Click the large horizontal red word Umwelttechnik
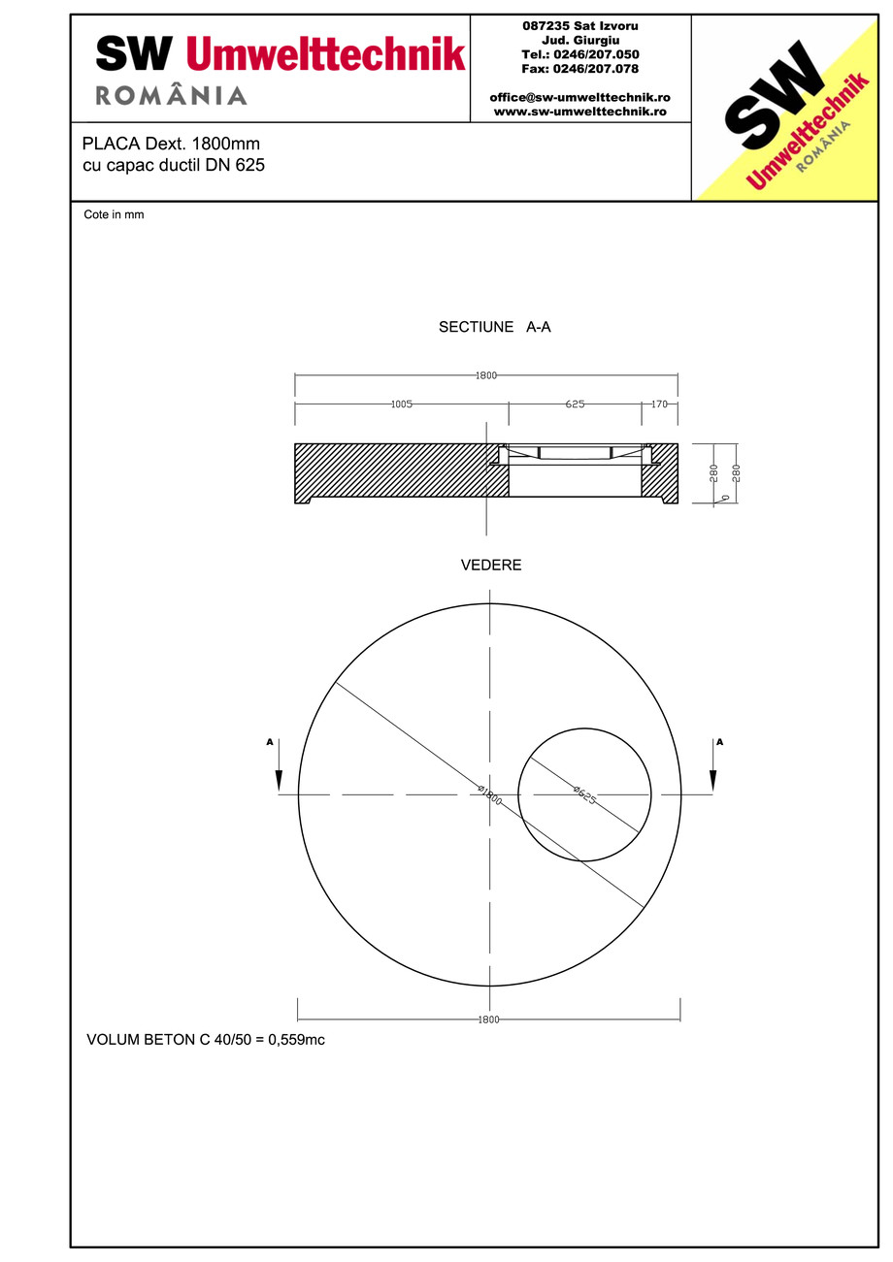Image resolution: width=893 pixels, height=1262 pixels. click(x=325, y=54)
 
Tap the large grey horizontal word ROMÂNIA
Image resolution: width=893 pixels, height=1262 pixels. click(x=171, y=96)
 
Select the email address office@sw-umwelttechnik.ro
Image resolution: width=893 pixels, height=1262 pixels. click(x=579, y=98)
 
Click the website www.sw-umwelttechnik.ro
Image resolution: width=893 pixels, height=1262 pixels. click(x=579, y=112)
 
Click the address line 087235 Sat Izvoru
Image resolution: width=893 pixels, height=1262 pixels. click(x=580, y=25)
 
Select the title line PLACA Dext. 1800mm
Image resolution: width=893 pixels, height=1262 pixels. click(x=171, y=144)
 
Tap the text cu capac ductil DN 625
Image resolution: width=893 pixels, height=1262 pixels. click(x=174, y=165)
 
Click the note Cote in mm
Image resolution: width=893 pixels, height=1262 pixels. click(x=114, y=214)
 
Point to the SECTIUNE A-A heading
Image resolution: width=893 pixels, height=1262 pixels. click(x=494, y=328)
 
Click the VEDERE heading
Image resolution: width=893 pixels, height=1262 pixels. click(x=490, y=565)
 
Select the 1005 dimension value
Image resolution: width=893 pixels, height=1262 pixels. click(x=402, y=404)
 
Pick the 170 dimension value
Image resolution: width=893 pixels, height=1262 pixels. click(x=659, y=404)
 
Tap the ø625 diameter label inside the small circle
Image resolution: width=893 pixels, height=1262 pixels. click(x=584, y=795)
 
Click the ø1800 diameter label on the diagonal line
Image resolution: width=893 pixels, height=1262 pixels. click(x=489, y=795)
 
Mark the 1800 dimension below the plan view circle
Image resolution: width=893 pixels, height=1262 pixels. click(x=488, y=1019)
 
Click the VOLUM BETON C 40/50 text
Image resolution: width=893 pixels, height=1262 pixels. click(x=205, y=1041)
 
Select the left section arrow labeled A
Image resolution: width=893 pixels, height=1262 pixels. click(x=279, y=766)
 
